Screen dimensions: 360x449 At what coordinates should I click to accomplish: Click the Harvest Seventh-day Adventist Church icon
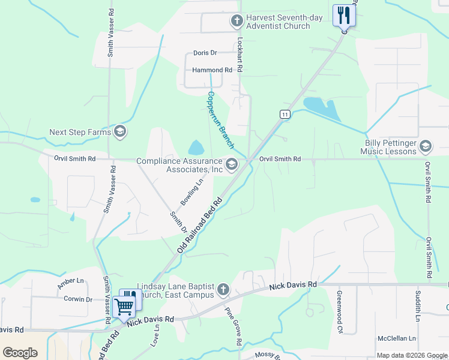click(237, 22)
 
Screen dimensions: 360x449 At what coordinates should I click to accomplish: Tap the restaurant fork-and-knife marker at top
click(344, 15)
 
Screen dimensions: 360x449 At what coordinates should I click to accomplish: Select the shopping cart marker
click(124, 307)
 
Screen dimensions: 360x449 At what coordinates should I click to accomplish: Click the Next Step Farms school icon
click(119, 132)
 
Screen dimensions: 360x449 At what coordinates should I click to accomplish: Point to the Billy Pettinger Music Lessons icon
click(426, 146)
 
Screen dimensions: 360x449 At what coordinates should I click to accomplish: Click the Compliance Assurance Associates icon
click(231, 164)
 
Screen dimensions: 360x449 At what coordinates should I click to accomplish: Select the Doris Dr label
click(205, 53)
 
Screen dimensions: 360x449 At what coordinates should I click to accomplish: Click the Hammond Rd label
click(212, 70)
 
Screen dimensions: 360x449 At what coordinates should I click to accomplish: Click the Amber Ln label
click(71, 281)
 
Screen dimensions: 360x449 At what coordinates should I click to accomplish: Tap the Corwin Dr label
click(78, 299)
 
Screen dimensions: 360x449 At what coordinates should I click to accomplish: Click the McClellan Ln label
click(395, 338)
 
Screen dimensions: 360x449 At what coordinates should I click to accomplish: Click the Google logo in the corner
click(20, 353)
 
